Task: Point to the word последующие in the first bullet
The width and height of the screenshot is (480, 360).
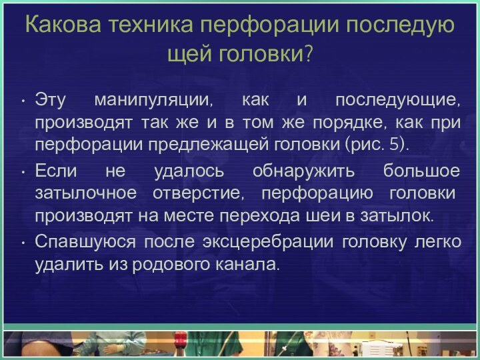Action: point(397,101)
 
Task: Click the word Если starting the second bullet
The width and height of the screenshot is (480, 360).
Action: point(57,171)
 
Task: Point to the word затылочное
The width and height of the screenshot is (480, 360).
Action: point(74,193)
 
